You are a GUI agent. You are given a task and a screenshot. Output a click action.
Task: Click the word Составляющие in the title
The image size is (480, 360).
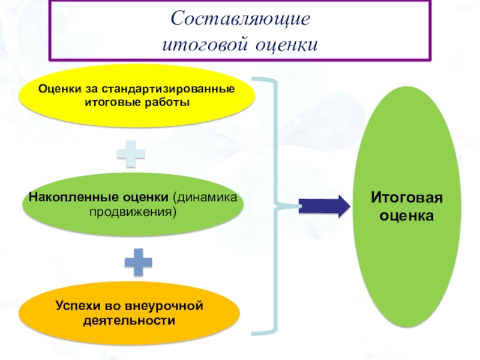(x=241, y=19)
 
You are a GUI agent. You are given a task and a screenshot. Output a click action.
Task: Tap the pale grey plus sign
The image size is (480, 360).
(x=131, y=154)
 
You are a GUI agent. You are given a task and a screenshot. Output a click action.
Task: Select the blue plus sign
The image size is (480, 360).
(x=138, y=262)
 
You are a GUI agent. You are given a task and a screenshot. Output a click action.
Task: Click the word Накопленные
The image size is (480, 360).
(x=66, y=198)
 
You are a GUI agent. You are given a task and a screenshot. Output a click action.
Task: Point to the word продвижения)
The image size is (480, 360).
(x=133, y=212)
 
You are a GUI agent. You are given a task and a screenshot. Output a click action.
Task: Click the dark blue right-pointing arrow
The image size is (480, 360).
(x=324, y=206)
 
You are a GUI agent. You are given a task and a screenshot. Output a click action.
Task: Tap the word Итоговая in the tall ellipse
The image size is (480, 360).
(x=406, y=198)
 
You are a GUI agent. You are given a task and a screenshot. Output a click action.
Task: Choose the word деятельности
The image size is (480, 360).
(x=130, y=321)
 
